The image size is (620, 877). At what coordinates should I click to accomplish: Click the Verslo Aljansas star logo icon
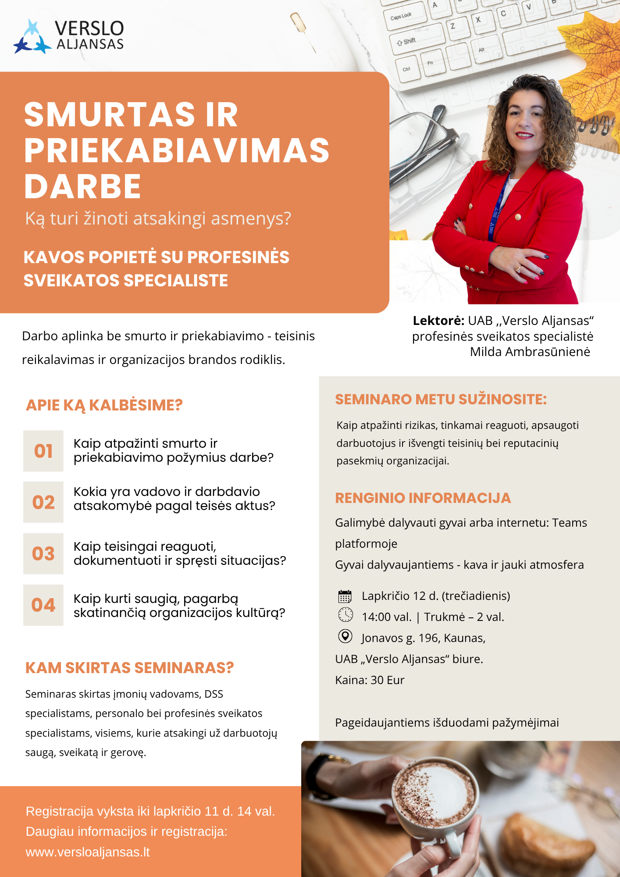(32, 38)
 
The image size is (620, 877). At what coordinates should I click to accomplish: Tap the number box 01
(43, 451)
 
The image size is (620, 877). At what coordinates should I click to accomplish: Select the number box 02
(43, 502)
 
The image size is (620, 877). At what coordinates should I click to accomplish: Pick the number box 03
(43, 553)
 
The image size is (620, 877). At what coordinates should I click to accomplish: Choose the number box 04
(43, 605)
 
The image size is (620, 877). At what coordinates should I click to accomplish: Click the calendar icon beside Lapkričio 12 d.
(345, 596)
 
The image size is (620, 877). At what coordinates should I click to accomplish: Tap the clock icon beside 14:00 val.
(346, 615)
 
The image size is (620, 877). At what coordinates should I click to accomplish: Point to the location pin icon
(346, 636)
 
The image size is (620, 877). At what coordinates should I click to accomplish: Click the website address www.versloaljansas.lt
(88, 852)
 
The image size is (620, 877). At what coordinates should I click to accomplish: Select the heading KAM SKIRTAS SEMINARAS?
(129, 668)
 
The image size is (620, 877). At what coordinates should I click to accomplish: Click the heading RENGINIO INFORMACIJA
(423, 498)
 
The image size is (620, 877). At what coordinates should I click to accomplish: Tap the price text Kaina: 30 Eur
(370, 680)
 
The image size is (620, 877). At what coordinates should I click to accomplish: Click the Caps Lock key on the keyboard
(402, 17)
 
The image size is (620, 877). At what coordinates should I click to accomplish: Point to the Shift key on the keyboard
(408, 42)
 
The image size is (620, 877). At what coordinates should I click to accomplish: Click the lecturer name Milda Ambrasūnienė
(530, 352)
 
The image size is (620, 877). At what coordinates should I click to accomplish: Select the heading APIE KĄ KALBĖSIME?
(104, 405)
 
